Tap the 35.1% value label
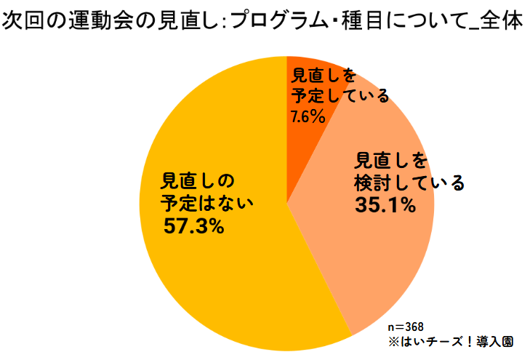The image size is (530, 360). (385, 206)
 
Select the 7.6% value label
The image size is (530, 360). (308, 116)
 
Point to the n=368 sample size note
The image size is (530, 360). (406, 326)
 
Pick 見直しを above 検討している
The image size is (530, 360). (392, 159)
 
